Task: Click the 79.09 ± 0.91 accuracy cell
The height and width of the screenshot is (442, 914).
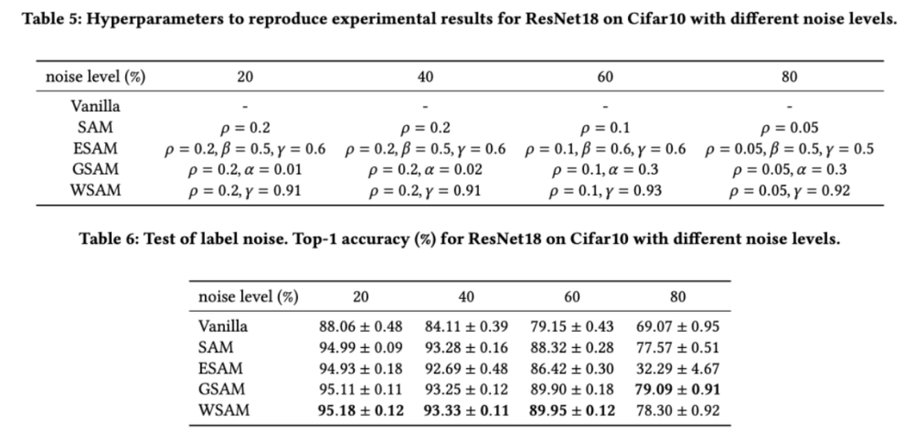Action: click(677, 390)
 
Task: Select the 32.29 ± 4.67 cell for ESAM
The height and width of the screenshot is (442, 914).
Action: click(677, 368)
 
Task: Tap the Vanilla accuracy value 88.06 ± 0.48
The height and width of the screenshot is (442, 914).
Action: click(361, 326)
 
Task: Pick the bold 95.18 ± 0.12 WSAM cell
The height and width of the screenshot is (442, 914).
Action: click(361, 411)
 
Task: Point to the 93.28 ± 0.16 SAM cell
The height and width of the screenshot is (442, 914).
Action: click(466, 347)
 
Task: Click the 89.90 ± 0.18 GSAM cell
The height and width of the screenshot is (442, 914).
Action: click(571, 390)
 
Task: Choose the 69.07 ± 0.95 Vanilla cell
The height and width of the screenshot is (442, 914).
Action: click(677, 326)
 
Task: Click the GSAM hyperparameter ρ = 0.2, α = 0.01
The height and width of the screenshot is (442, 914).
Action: click(245, 169)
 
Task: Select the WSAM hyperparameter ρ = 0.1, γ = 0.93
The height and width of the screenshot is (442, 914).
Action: click(605, 191)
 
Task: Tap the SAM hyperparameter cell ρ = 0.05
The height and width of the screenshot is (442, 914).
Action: click(789, 129)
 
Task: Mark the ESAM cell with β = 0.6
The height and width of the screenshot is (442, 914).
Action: click(605, 149)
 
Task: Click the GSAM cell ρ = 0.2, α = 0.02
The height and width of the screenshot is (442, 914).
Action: click(426, 169)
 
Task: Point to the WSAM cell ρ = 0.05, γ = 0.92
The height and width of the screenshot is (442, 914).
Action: click(789, 191)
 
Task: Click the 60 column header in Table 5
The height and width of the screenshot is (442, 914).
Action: click(605, 77)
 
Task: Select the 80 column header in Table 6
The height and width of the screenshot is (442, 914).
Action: click(677, 297)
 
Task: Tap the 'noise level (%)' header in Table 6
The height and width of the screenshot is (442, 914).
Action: click(248, 297)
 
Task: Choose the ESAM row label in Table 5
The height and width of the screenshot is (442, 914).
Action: click(95, 149)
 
